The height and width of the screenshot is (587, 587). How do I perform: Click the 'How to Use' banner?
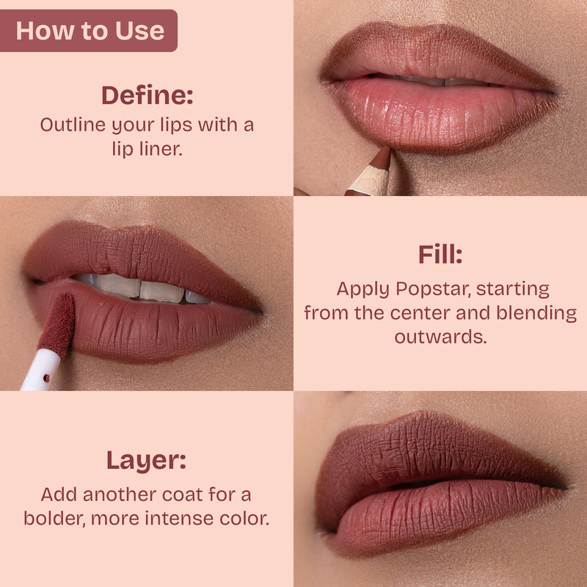click(x=89, y=31)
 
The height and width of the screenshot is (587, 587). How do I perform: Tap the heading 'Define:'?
click(x=147, y=95)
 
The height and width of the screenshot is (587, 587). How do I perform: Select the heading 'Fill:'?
click(x=440, y=255)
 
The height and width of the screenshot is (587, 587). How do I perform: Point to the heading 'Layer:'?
click(x=147, y=461)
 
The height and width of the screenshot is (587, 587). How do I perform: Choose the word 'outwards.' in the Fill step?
click(x=440, y=338)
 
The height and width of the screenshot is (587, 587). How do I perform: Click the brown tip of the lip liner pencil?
click(x=382, y=157)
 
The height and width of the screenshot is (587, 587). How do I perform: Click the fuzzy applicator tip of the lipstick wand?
click(x=57, y=323)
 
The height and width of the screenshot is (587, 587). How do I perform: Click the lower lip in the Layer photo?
click(x=433, y=517)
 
